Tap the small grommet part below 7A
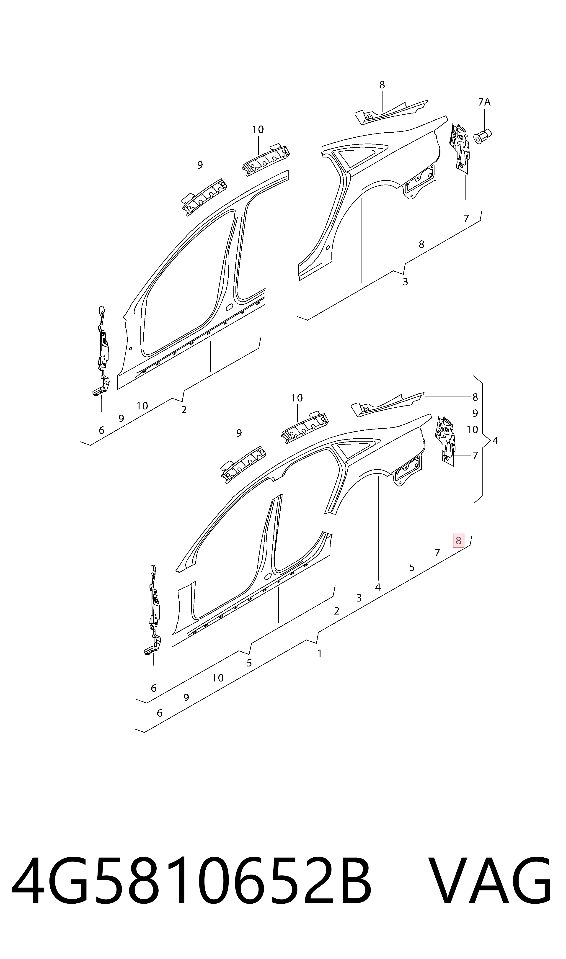coord(483,136)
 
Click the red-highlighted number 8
coord(458,540)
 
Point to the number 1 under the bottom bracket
coord(320,653)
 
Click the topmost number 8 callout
coord(382,85)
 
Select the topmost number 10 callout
coord(258,130)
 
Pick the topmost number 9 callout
coord(200,165)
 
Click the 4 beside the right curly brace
coord(495,441)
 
